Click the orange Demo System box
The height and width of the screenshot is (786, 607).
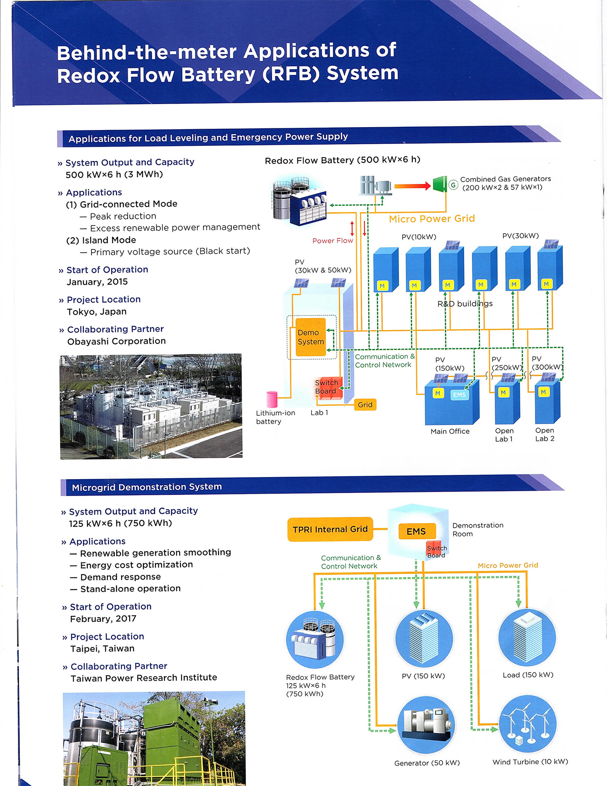pyautogui.click(x=310, y=337)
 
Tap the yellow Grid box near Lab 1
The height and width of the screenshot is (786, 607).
pyautogui.click(x=365, y=405)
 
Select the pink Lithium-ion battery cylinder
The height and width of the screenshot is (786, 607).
pyautogui.click(x=272, y=399)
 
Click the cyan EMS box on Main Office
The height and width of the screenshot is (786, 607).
pyautogui.click(x=459, y=394)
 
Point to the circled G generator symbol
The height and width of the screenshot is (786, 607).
pyautogui.click(x=453, y=185)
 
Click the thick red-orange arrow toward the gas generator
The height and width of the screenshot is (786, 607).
pyautogui.click(x=412, y=186)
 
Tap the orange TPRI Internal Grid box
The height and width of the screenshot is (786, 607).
pyautogui.click(x=330, y=529)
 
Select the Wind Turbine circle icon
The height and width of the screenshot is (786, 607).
pyautogui.click(x=528, y=724)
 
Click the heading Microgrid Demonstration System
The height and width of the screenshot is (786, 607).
pyautogui.click(x=147, y=487)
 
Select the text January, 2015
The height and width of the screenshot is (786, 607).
pyautogui.click(x=97, y=282)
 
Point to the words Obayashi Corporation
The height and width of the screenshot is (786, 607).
pyautogui.click(x=117, y=341)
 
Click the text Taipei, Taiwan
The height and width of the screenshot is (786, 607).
pyautogui.click(x=102, y=649)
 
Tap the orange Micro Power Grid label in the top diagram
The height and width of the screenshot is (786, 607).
pyautogui.click(x=432, y=219)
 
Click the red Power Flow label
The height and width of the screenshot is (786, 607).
pyautogui.click(x=333, y=241)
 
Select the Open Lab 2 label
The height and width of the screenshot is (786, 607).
pyautogui.click(x=545, y=435)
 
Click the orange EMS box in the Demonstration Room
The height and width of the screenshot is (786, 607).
pyautogui.click(x=416, y=531)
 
